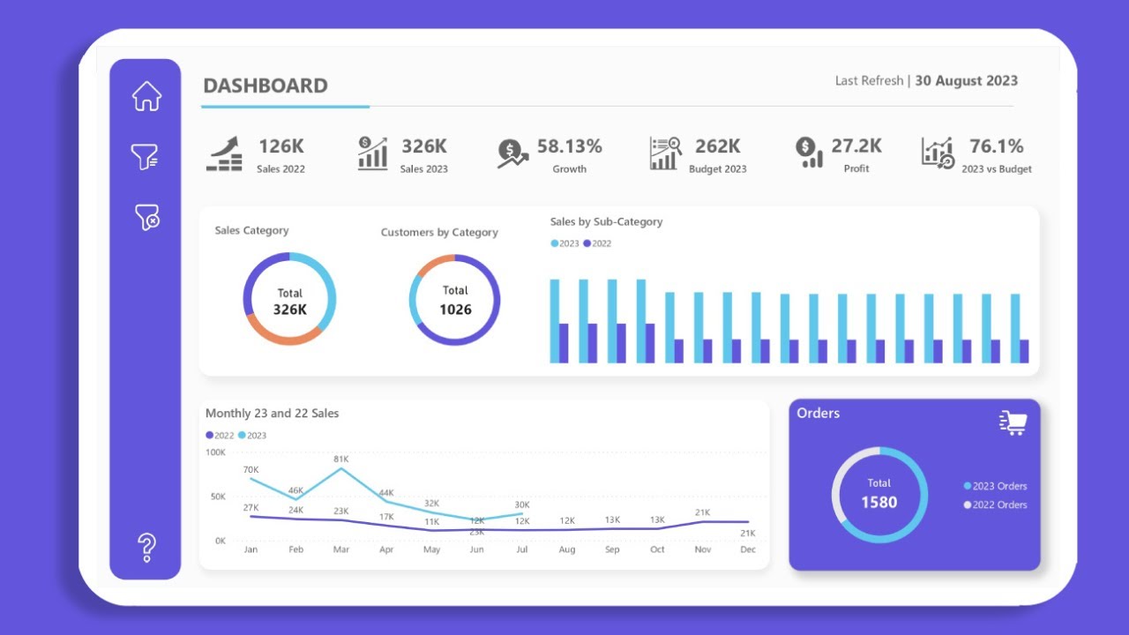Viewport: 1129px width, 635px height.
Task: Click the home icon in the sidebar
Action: pos(146,96)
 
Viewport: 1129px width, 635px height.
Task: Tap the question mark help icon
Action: pos(147,548)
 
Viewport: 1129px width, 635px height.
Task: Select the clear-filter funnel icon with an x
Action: pos(146,217)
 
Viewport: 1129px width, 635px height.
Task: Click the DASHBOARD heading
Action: pos(265,86)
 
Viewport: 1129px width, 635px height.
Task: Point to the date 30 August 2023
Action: pos(966,80)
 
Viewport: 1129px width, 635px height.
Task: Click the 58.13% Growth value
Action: pos(569,146)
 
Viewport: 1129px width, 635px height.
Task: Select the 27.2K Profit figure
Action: pos(856,146)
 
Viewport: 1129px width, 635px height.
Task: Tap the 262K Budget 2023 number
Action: pos(717,146)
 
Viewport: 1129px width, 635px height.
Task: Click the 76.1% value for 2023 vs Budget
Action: pos(996,146)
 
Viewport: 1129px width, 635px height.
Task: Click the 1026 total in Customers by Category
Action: pos(455,310)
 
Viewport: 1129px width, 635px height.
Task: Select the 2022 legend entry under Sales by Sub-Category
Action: pos(597,243)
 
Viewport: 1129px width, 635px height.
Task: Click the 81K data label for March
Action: pos(341,459)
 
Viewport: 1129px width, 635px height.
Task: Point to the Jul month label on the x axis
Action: pos(522,549)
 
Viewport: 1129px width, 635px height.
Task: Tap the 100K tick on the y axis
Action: pos(215,452)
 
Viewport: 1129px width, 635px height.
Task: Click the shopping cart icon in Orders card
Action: pos(1013,423)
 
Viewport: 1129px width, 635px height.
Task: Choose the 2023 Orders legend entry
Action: pos(996,486)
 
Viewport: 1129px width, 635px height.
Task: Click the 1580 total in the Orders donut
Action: pos(879,503)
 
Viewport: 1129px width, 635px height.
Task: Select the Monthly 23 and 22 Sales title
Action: pos(272,413)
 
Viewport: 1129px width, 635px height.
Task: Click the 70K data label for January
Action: pos(250,469)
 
